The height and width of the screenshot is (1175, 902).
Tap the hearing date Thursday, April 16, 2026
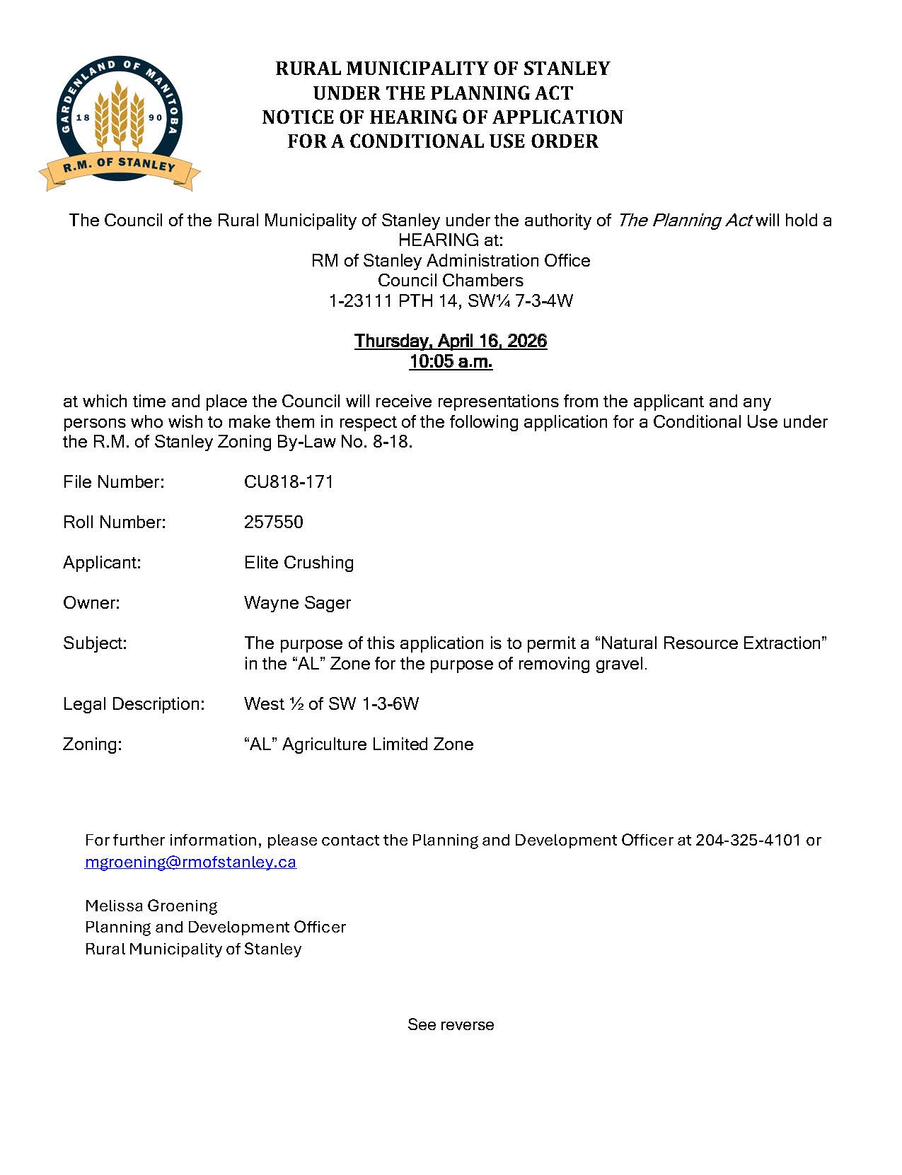click(450, 341)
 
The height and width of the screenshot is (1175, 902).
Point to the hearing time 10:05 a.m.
click(450, 362)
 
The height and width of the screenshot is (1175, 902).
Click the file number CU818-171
click(289, 482)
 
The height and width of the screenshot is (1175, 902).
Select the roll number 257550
click(273, 522)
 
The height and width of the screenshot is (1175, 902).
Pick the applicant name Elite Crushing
click(299, 563)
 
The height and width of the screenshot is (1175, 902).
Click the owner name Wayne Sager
click(297, 603)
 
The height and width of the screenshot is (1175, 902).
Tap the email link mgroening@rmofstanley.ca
click(190, 863)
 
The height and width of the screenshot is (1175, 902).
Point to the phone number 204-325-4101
click(748, 840)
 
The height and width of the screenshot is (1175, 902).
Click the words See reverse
click(451, 1024)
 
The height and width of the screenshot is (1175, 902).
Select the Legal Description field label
click(134, 704)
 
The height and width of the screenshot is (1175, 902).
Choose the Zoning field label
click(93, 744)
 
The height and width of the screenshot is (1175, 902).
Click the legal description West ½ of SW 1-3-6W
click(331, 704)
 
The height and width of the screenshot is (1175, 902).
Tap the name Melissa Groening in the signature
click(151, 906)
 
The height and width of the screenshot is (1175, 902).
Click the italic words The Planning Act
click(684, 221)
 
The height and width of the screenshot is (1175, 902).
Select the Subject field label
click(95, 643)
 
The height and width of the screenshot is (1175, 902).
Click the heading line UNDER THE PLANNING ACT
click(443, 93)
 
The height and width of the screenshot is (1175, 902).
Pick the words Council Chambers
click(450, 281)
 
